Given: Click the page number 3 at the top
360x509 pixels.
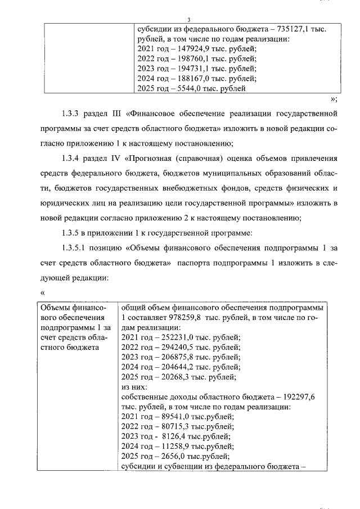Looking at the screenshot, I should [x=180, y=20].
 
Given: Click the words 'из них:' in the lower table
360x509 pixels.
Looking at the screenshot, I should [x=134, y=387].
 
